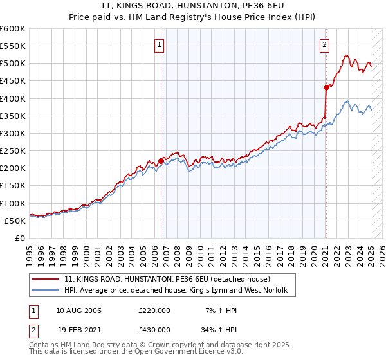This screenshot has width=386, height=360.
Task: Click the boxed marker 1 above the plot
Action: tap(159, 45)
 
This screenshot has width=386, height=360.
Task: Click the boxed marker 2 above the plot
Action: tap(324, 45)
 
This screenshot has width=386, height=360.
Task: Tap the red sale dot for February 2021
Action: tap(326, 87)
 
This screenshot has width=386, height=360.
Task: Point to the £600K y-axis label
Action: tap(13, 29)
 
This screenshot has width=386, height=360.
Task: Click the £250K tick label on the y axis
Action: tap(13, 150)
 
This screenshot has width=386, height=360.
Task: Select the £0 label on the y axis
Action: tap(21, 238)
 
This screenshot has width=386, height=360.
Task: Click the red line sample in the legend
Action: tap(46, 279)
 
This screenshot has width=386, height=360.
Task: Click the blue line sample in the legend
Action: tap(46, 291)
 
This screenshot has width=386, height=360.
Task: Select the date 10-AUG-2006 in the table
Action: tap(78, 310)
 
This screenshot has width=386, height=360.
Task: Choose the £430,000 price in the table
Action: tap(154, 329)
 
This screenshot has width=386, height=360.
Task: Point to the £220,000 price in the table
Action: tap(154, 310)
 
